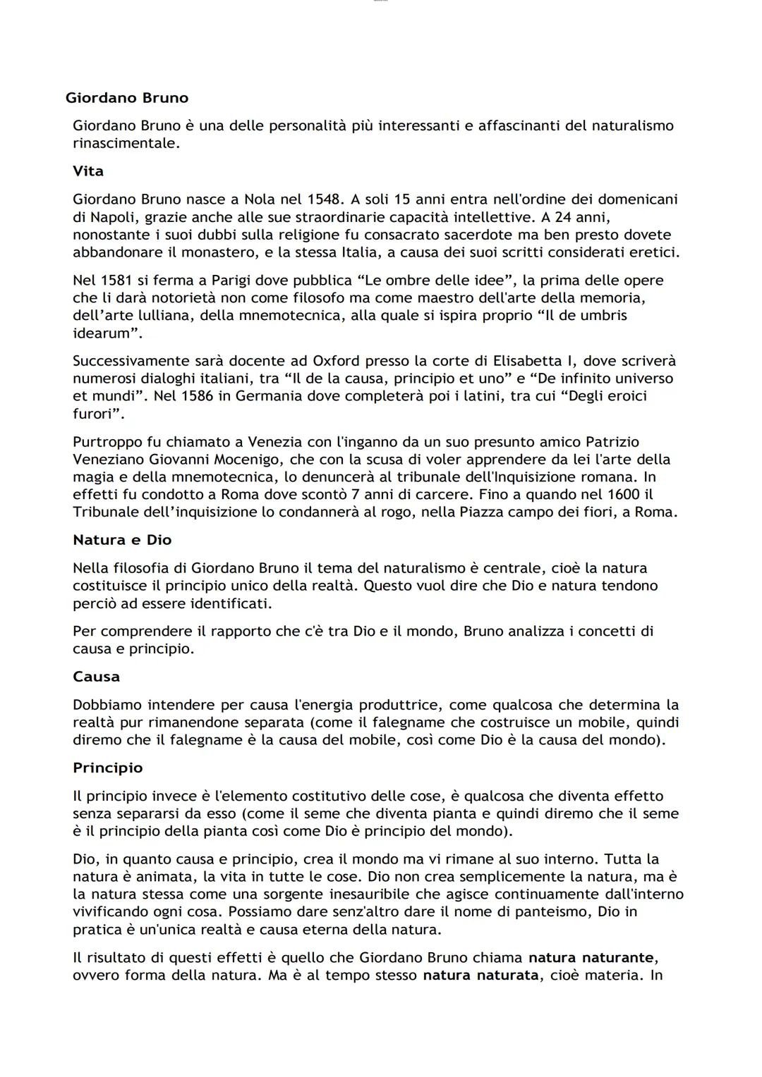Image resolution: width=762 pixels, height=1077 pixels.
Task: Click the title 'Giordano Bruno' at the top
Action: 127,98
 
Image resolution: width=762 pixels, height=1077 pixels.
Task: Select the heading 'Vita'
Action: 88,171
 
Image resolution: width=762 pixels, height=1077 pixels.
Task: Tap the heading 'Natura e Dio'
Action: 122,540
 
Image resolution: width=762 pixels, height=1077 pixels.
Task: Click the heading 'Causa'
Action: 96,677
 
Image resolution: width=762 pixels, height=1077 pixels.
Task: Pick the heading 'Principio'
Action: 107,768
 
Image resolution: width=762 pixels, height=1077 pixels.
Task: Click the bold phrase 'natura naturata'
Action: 480,976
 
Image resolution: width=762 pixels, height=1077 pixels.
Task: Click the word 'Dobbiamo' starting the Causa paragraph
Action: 107,705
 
